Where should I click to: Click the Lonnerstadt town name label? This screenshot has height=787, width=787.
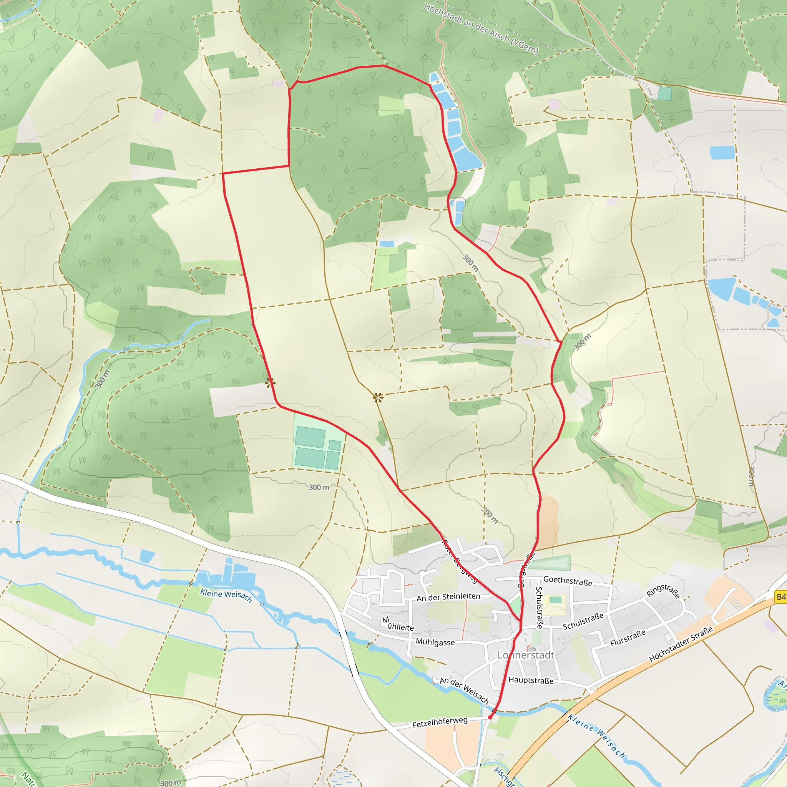coord(525,655)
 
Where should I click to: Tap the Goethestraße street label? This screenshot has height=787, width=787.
coord(568,581)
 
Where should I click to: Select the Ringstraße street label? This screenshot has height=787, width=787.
coord(663,591)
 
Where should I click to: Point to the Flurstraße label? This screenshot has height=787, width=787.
coord(628,638)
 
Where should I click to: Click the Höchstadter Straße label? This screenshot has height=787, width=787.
coord(681,644)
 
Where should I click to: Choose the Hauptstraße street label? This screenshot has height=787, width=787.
coord(531,680)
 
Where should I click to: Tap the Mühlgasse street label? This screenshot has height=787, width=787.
coord(435,642)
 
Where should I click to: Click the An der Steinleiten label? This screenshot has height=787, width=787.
coord(448,597)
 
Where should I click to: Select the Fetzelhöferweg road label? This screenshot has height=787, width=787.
coord(440,722)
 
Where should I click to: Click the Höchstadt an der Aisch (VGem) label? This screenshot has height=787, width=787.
coord(481,28)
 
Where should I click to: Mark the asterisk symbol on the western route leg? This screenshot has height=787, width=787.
coord(270,382)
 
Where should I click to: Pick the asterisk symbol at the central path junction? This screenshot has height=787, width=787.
coord(378,397)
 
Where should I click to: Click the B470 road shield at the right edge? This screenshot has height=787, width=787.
coord(781,597)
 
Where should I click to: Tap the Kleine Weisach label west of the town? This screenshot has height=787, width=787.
coord(226,596)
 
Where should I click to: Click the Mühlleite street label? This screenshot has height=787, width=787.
coord(398,624)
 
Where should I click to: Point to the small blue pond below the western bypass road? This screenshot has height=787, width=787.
coord(147,556)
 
